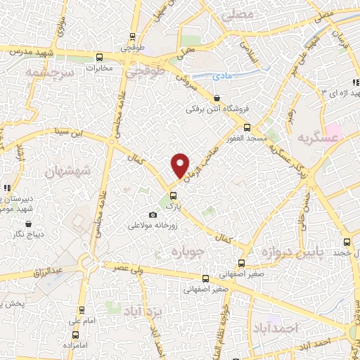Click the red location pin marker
181,165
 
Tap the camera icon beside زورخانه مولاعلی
153,215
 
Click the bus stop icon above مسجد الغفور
247,127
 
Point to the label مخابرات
100,69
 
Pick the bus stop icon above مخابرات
100,57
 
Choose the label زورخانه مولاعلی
154,226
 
